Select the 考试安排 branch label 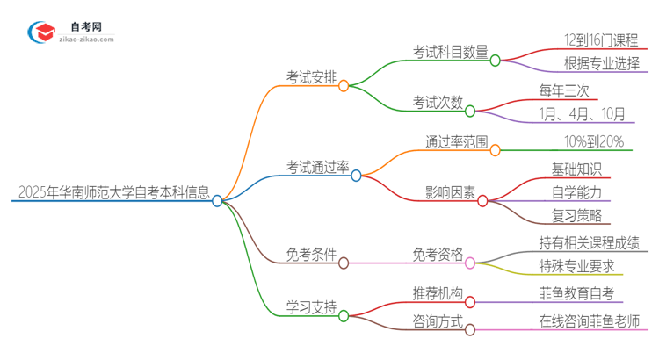(311, 77)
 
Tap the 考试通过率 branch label (318, 166)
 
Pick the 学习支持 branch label (311, 306)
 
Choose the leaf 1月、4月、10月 (583, 113)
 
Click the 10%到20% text (594, 140)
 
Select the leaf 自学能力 (576, 191)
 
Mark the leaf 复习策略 (576, 215)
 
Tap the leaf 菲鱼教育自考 (576, 292)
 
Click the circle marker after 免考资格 (470, 263)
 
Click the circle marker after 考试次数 (470, 112)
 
